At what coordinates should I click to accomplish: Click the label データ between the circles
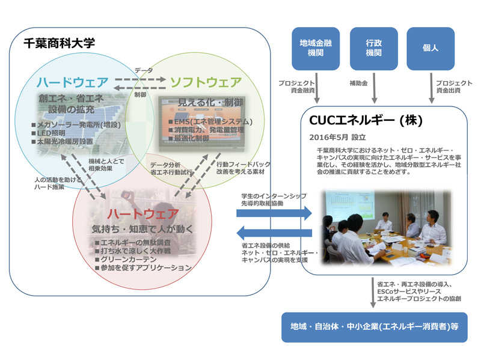pyautogui.click(x=144, y=70)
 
